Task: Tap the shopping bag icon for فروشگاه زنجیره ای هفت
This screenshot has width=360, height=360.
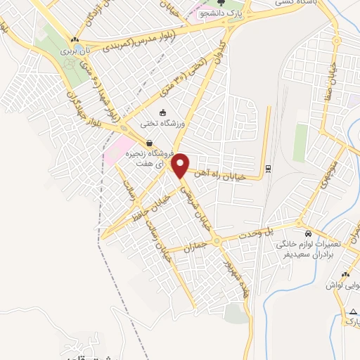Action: (x=148, y=143)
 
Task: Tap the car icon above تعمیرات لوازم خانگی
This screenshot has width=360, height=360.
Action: (x=307, y=233)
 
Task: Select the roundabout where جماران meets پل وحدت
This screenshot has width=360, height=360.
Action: (x=217, y=240)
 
